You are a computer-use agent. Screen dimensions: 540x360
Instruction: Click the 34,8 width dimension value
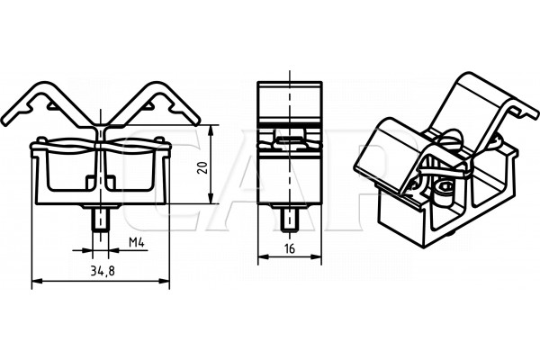103,272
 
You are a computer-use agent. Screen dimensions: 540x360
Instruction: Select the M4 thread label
137,243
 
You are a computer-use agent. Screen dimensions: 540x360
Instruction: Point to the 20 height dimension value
203,167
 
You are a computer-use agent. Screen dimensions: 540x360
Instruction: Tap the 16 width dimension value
290,248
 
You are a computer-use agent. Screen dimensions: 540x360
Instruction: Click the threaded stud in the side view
290,220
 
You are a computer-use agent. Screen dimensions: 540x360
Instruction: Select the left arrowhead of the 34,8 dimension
37,281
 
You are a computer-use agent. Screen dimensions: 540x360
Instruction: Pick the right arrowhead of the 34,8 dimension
164,281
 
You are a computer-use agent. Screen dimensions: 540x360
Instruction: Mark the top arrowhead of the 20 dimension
211,130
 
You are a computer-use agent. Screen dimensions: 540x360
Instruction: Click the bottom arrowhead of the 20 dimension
211,198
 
